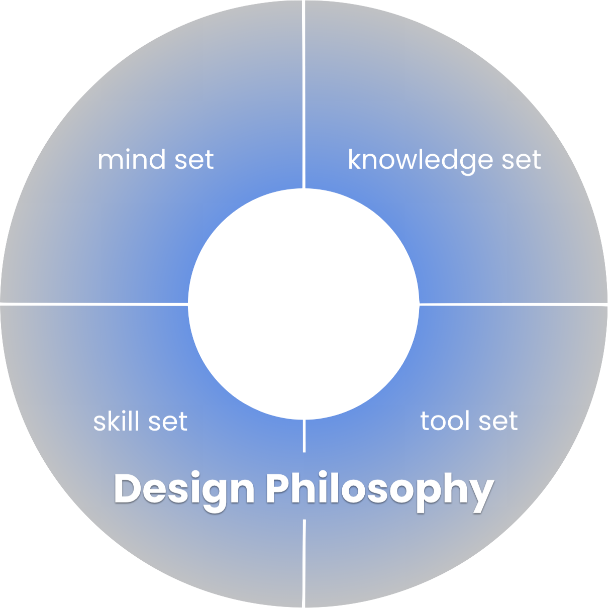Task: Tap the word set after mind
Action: tap(193, 160)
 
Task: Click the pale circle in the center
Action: tap(303, 304)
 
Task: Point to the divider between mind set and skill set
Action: tap(90, 304)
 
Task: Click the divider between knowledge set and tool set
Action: tap(513, 304)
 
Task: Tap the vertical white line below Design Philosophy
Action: tap(304, 563)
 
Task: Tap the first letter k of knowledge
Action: tap(355, 160)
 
